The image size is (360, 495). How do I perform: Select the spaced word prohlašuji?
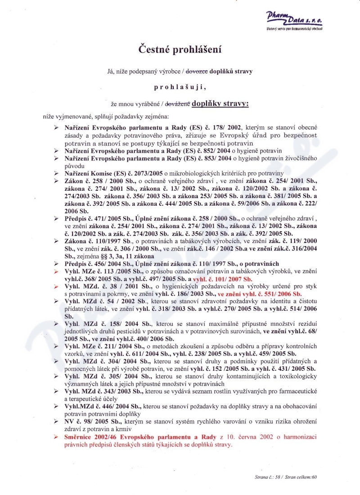[x=180, y=87]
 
